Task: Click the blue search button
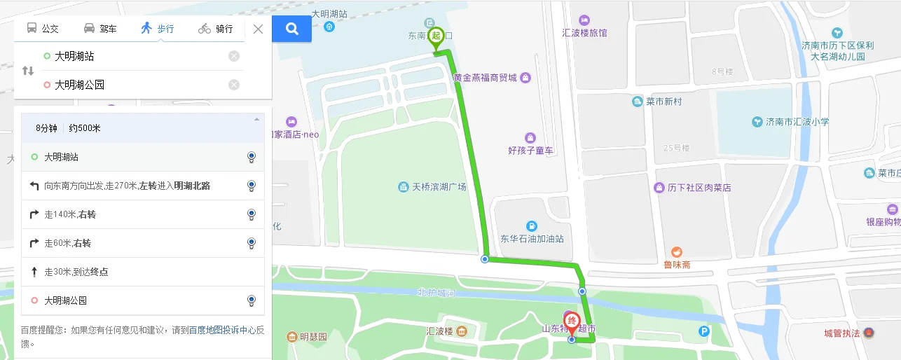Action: [292, 29]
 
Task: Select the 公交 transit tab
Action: [43, 29]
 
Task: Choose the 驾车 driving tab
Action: [100, 29]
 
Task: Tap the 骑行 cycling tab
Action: [215, 29]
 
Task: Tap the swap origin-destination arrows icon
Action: [28, 71]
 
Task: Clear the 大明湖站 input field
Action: [234, 56]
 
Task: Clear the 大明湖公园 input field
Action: [234, 85]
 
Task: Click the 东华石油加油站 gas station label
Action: [532, 238]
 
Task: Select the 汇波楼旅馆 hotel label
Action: [584, 33]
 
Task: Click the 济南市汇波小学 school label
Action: [797, 122]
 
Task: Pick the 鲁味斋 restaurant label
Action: [678, 264]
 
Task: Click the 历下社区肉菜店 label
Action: [699, 188]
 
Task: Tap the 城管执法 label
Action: [842, 333]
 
